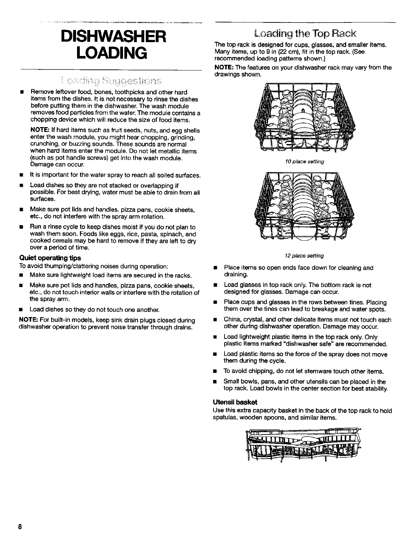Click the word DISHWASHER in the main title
[x=111, y=37]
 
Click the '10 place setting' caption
[x=304, y=162]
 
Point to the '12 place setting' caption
[x=304, y=256]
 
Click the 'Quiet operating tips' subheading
[x=50, y=258]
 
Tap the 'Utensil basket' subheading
[x=235, y=402]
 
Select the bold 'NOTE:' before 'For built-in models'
[x=29, y=321]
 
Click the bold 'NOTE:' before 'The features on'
[x=224, y=68]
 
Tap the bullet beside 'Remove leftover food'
[x=21, y=93]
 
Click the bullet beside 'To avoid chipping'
[x=215, y=372]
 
